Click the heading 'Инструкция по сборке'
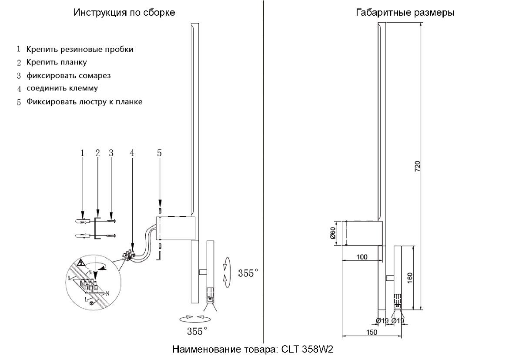124,13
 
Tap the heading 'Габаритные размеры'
405,13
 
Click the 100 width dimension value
361,257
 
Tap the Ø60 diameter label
332,233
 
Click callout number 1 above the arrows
82,153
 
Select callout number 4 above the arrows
132,153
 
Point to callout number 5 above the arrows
159,153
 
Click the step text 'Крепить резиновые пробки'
80,49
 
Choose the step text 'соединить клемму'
62,88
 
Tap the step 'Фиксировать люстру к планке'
84,102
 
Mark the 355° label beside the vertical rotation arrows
248,273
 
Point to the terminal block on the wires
129,254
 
